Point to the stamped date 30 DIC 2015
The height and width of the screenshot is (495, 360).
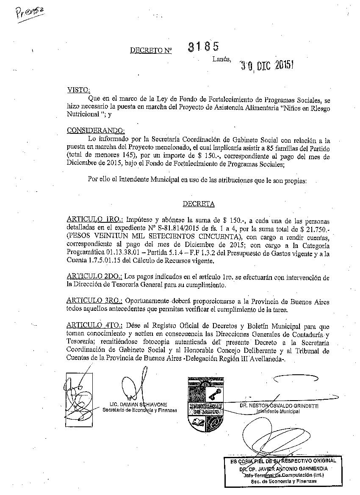coord(266,65)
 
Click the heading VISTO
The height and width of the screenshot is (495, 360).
coord(78,90)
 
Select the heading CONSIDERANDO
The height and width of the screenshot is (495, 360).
coord(96,130)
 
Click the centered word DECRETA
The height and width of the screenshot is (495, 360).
coord(199,204)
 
